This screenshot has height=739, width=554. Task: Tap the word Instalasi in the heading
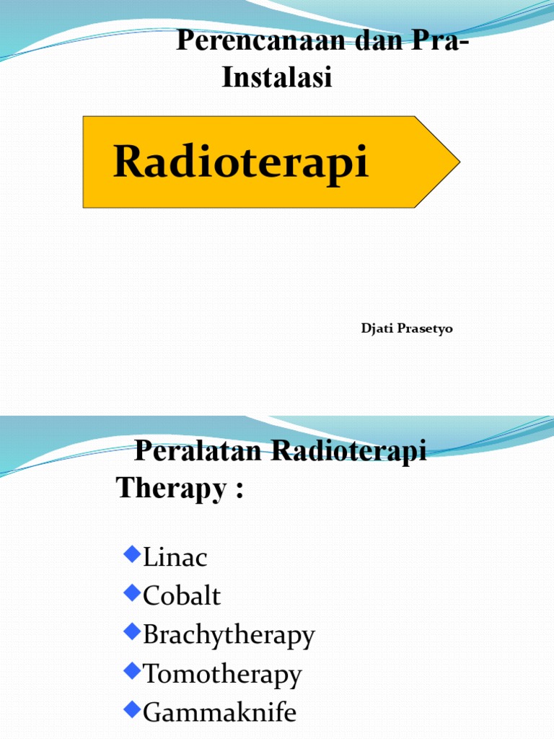click(x=277, y=77)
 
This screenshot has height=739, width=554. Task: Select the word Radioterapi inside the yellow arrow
click(x=241, y=161)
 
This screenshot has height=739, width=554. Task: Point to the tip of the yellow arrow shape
click(x=459, y=162)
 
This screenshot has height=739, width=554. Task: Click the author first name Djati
click(x=376, y=329)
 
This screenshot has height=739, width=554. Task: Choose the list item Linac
click(x=175, y=557)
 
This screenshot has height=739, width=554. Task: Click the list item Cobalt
click(x=182, y=596)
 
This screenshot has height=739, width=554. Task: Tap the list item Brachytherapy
click(x=229, y=636)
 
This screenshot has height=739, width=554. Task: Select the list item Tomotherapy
click(x=222, y=675)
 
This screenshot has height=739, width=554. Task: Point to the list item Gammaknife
click(x=219, y=713)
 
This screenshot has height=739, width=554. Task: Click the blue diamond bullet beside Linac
click(x=131, y=554)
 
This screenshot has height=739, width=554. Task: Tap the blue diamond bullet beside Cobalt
click(x=131, y=593)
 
